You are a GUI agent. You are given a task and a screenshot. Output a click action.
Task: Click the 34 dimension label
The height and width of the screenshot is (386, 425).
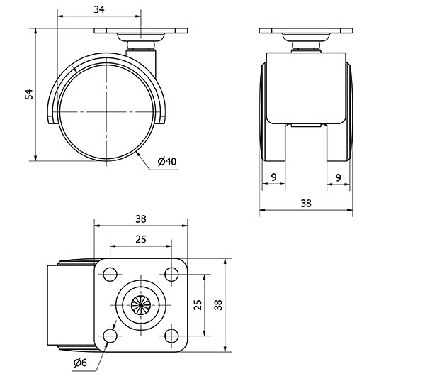(99, 9)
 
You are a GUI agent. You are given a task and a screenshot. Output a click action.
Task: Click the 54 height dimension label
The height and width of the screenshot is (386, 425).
(29, 94)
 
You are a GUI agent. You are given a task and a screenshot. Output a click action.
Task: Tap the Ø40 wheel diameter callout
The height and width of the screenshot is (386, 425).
(167, 162)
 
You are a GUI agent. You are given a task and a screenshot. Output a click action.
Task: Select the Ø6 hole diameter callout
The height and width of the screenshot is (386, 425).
(80, 363)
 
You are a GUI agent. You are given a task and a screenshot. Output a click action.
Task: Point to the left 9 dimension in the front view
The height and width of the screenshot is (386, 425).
(273, 177)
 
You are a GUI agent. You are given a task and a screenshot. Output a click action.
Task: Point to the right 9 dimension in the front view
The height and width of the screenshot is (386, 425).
(339, 177)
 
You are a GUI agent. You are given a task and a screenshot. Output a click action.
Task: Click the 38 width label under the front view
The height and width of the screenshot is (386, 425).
(306, 204)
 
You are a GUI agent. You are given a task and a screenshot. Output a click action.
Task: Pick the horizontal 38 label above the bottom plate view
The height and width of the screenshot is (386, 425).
(141, 219)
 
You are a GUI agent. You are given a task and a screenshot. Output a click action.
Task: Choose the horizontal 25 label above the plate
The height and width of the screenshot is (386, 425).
(141, 239)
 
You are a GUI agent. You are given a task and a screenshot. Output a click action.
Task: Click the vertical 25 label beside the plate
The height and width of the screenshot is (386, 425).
(198, 305)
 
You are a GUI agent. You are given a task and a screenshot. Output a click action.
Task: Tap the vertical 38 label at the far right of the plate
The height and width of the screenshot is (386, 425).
(218, 305)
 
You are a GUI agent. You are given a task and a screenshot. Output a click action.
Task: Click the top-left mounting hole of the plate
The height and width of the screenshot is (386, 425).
(110, 274)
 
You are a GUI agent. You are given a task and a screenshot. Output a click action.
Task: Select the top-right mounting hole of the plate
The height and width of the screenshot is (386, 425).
(171, 274)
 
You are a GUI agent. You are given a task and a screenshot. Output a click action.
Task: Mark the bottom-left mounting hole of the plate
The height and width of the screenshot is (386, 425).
(110, 336)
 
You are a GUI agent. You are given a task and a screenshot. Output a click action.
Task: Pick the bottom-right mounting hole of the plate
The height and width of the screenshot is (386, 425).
(171, 336)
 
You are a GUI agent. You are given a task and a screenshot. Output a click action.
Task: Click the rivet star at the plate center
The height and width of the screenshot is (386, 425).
(141, 305)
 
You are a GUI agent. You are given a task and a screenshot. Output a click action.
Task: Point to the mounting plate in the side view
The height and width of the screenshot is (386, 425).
(141, 31)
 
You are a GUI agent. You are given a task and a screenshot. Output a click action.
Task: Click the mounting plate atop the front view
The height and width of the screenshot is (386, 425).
(306, 31)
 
